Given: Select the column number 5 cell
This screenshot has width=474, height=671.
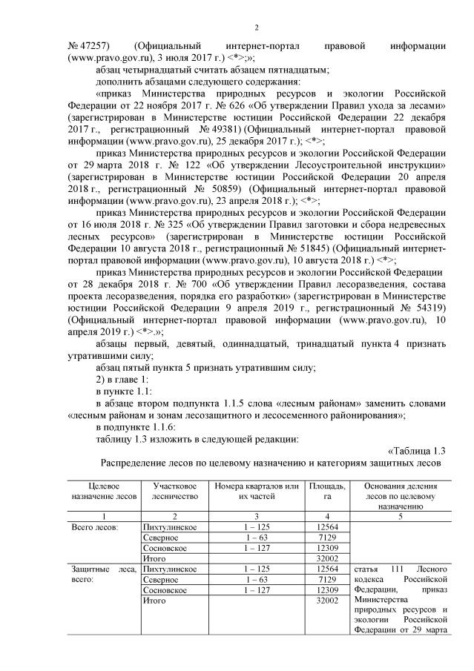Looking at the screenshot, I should coord(400,515).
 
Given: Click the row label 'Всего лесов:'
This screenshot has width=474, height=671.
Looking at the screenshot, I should coord(90,526).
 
